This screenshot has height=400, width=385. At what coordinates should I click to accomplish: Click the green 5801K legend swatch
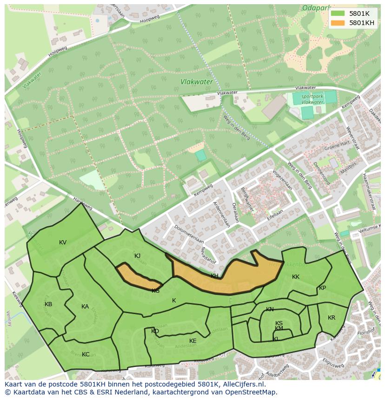pos(338,13)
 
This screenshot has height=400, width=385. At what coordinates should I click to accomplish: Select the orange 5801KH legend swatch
pos(338,23)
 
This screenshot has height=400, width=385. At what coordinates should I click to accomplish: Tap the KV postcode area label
pos(63,243)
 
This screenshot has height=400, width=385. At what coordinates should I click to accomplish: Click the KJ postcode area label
pos(137,256)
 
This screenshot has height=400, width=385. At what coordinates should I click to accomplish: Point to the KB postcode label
pos(48,304)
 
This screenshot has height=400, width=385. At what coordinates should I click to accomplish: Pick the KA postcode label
pos(85,307)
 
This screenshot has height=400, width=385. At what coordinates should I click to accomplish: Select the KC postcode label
pos(86,354)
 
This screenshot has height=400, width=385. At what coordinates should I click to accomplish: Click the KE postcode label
pos(193,341)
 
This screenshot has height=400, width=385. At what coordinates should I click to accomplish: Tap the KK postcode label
pos(296,277)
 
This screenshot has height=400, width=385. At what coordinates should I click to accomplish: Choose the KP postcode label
pos(322,288)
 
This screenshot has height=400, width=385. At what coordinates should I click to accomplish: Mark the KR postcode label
pos(332,318)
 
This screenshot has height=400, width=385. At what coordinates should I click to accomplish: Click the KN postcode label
pos(270,309)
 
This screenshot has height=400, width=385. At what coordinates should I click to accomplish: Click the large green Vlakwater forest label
pos(197,82)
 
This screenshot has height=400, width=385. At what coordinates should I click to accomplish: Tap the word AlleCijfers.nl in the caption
pos(242,384)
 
